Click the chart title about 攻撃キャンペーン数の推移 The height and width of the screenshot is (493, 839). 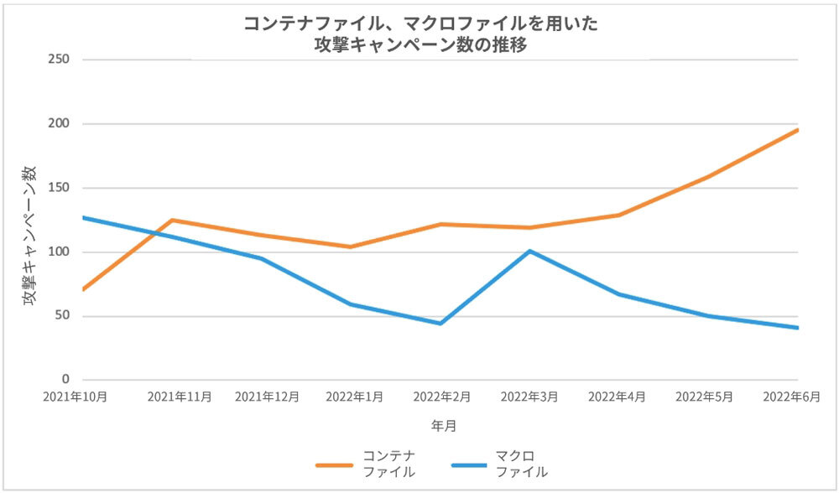point(420,35)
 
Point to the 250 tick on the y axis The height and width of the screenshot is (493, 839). point(59,60)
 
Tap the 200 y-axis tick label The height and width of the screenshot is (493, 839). point(59,123)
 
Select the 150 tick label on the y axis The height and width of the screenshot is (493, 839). point(59,188)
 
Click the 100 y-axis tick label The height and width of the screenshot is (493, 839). point(59,252)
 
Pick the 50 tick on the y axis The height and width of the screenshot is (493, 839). point(62,316)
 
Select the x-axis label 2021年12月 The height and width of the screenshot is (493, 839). point(267,397)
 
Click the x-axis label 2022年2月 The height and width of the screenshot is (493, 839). point(443,397)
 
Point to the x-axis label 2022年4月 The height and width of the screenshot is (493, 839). point(619,397)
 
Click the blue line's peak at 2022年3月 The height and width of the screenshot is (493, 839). point(530,251)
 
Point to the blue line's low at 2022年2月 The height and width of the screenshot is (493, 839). point(440,323)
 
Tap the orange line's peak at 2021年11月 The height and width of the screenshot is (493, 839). point(173,221)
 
